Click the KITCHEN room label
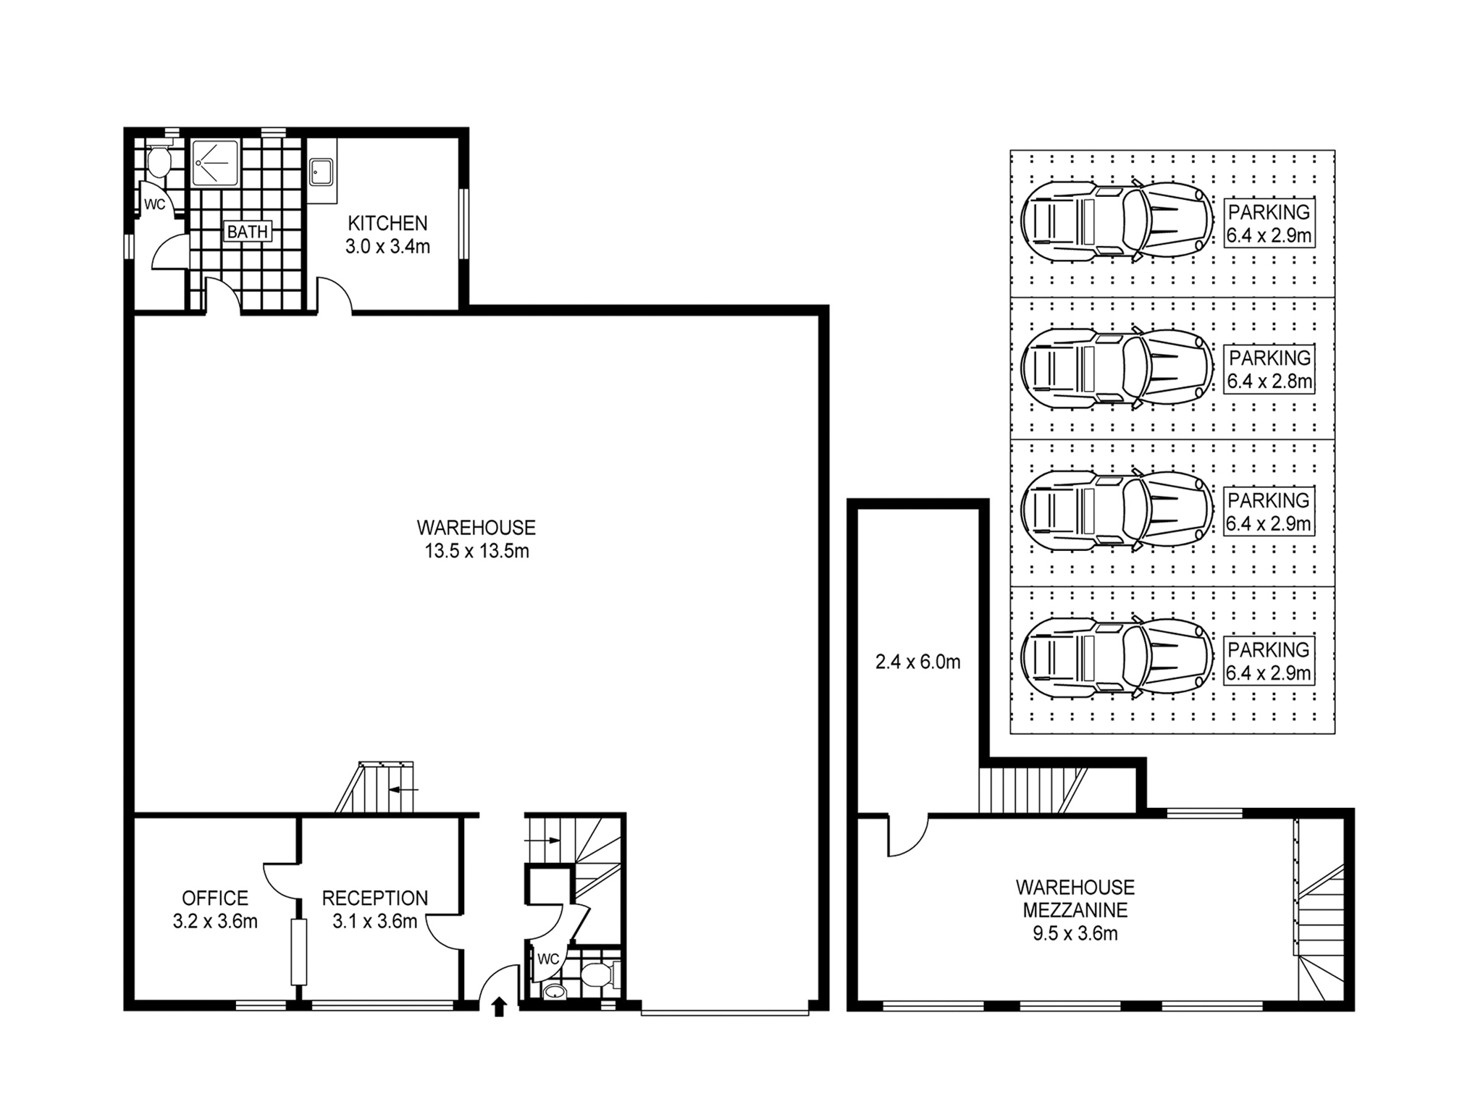point(387,223)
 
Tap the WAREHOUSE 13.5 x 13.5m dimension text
point(476,551)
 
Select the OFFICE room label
point(215,898)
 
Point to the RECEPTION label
point(375,898)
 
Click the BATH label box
point(248,232)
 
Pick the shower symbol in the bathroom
point(215,163)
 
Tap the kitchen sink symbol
point(321,172)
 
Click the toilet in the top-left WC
point(158,161)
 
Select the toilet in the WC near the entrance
point(600,975)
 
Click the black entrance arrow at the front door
point(499,1007)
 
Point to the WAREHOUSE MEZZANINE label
point(1075,898)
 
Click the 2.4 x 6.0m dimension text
point(917,662)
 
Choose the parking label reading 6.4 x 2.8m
point(1269,369)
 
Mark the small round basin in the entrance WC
point(554,992)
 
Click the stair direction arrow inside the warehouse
point(403,789)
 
